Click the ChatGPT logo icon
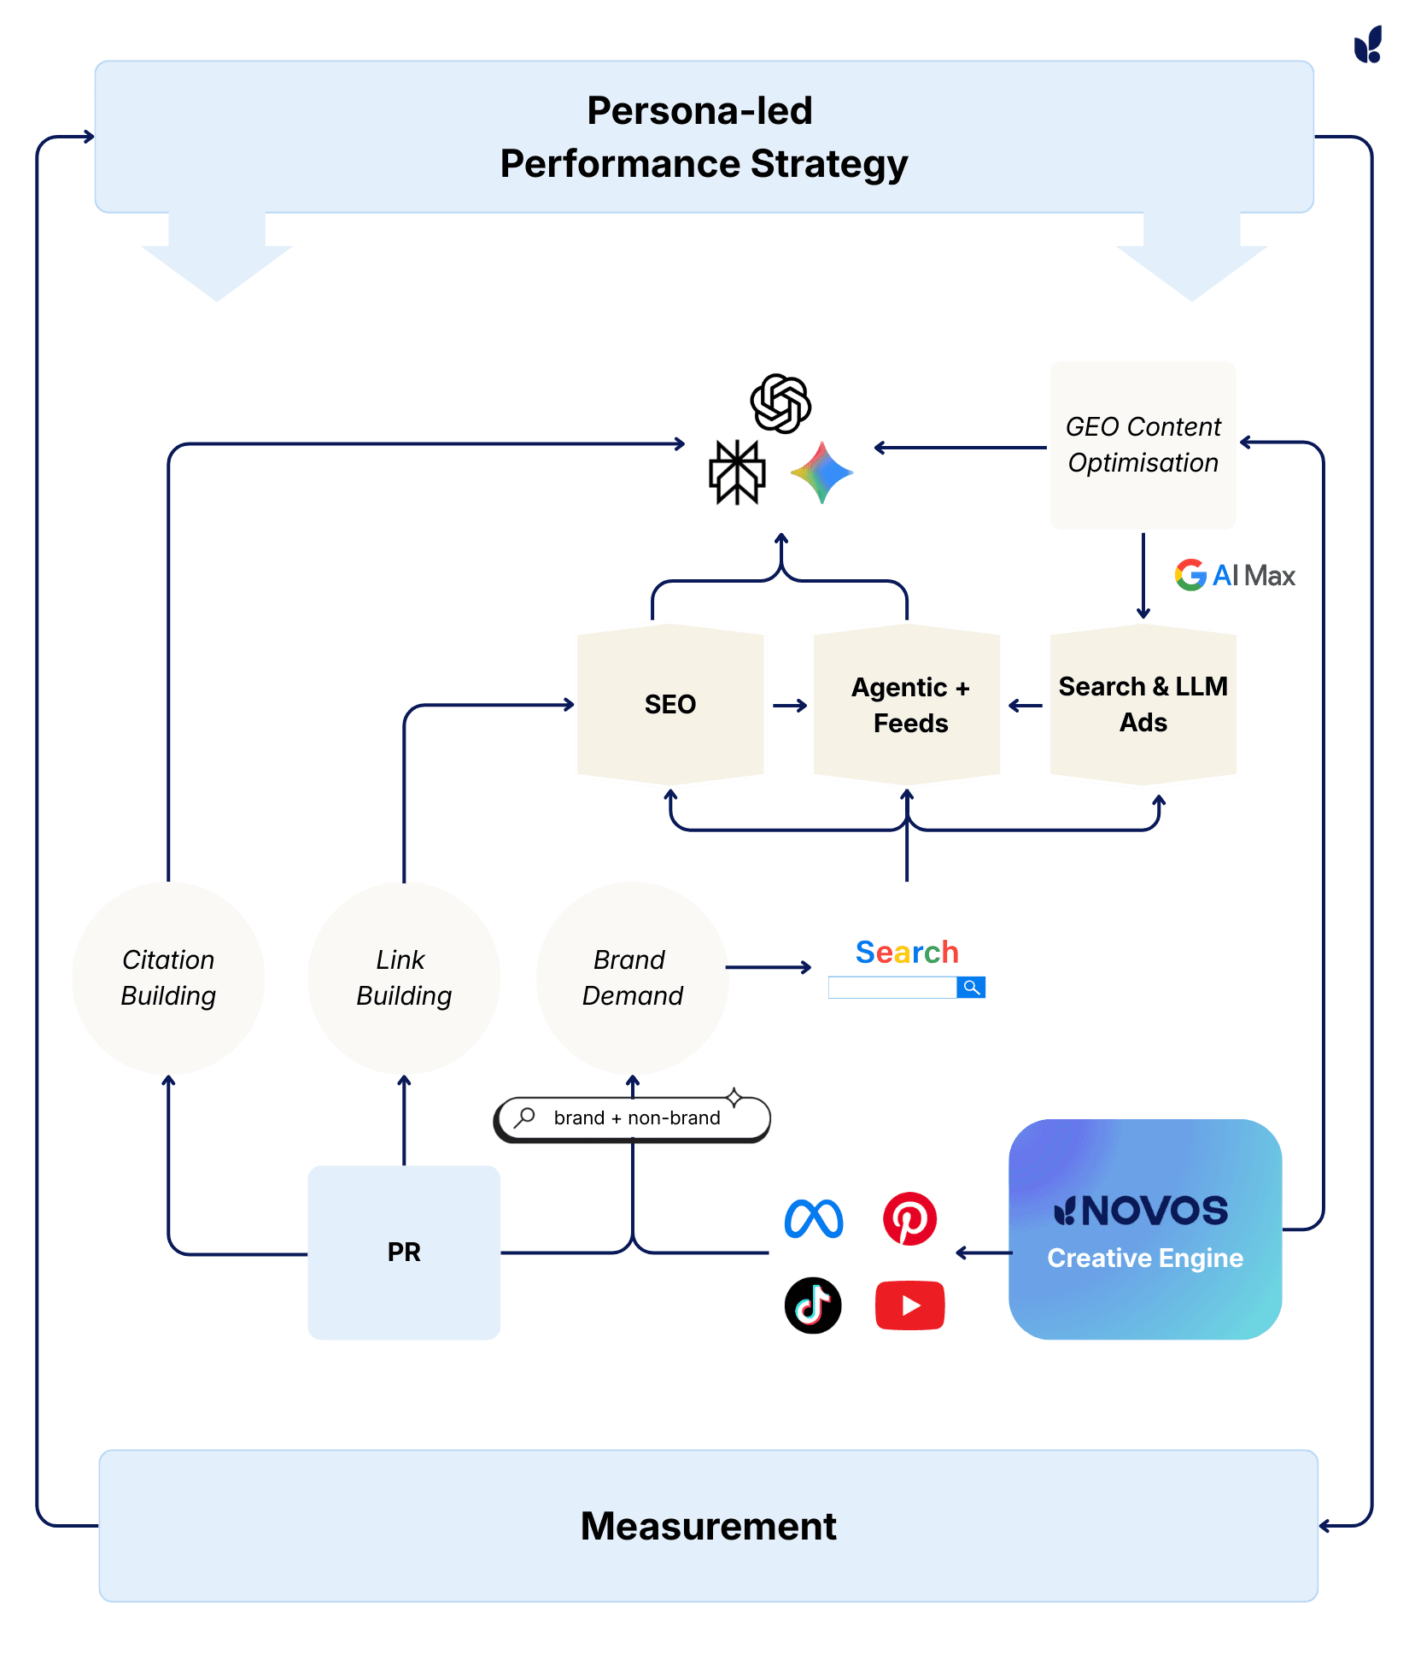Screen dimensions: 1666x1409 pos(781,403)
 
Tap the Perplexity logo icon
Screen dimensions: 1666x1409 pos(737,472)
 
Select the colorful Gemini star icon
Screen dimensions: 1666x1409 pos(821,472)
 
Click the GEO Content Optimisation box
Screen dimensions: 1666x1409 pos(1143,445)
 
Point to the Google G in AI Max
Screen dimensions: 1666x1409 pos(1190,575)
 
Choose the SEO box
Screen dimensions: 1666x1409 pos(670,705)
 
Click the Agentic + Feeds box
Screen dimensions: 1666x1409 pos(907,705)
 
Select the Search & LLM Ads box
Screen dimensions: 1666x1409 pos(1143,705)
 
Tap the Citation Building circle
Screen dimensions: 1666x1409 pos(168,978)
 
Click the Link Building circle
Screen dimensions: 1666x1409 pos(404,978)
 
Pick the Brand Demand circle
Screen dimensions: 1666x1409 pos(632,978)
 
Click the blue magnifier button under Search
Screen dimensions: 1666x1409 pos(971,988)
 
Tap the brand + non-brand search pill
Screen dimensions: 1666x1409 pos(633,1118)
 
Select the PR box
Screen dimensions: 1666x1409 pos(404,1252)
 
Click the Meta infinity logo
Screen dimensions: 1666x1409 pos(814,1219)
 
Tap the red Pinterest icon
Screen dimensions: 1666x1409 pos(909,1219)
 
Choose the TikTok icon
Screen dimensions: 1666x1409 pos(813,1305)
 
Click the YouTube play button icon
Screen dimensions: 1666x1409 pos(909,1305)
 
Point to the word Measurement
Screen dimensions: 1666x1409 pos(708,1526)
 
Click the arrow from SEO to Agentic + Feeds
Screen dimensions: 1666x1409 pos(790,706)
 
